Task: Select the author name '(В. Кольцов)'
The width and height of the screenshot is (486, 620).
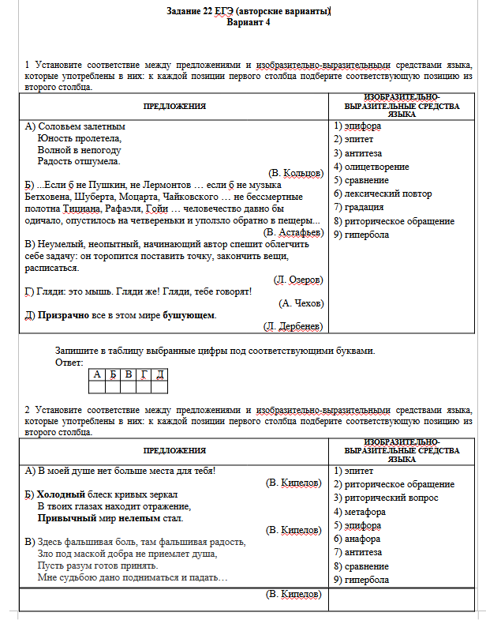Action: click(x=296, y=172)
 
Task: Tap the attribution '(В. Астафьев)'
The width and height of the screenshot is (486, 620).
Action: click(x=293, y=232)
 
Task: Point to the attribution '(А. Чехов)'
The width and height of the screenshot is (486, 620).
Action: click(x=301, y=302)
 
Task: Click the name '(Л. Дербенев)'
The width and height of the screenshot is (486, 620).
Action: click(x=293, y=326)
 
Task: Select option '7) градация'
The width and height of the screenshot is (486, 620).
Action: click(x=360, y=207)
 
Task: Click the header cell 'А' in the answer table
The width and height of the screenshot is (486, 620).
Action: click(x=96, y=374)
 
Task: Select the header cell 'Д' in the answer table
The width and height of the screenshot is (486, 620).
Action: click(x=160, y=374)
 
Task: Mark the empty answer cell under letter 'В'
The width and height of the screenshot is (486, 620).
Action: click(x=129, y=386)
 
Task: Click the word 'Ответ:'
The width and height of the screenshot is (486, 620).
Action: click(x=69, y=363)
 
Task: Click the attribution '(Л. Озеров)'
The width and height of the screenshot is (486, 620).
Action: click(x=297, y=280)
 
